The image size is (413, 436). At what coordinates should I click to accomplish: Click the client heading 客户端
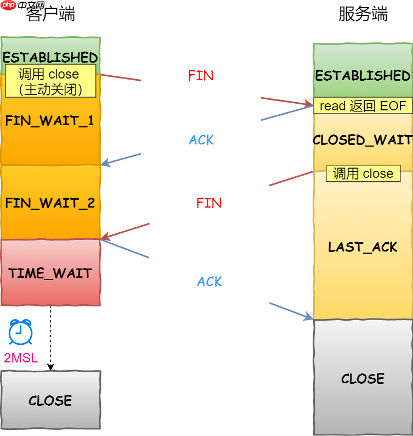[50, 15]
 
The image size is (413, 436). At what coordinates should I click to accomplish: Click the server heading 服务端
[363, 15]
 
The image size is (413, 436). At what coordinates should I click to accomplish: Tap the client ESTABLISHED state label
[50, 57]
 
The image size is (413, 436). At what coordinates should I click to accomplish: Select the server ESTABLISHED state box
[363, 75]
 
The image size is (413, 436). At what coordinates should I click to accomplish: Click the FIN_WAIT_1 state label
[49, 121]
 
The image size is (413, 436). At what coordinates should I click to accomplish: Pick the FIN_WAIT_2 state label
[50, 203]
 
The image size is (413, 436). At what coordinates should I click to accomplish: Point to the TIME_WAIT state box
[50, 273]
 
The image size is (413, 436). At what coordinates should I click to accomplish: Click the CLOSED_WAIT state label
[363, 140]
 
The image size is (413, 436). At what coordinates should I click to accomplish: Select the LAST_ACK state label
[363, 247]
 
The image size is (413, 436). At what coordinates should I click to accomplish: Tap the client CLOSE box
[50, 400]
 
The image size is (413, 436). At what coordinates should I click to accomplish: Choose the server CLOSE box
[363, 378]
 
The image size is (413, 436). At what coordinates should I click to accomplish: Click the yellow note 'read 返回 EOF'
[363, 106]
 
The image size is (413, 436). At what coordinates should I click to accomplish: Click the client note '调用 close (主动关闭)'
[50, 81]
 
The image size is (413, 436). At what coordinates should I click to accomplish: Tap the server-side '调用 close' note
[363, 174]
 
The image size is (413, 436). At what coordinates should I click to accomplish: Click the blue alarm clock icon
[20, 332]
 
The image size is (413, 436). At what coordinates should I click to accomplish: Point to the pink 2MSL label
[21, 359]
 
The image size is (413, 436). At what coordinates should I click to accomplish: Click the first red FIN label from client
[201, 76]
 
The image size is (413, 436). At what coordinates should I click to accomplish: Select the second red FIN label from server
[209, 203]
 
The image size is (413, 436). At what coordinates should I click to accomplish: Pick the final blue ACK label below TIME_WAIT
[210, 282]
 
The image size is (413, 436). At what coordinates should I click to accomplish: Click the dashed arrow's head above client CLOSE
[50, 367]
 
